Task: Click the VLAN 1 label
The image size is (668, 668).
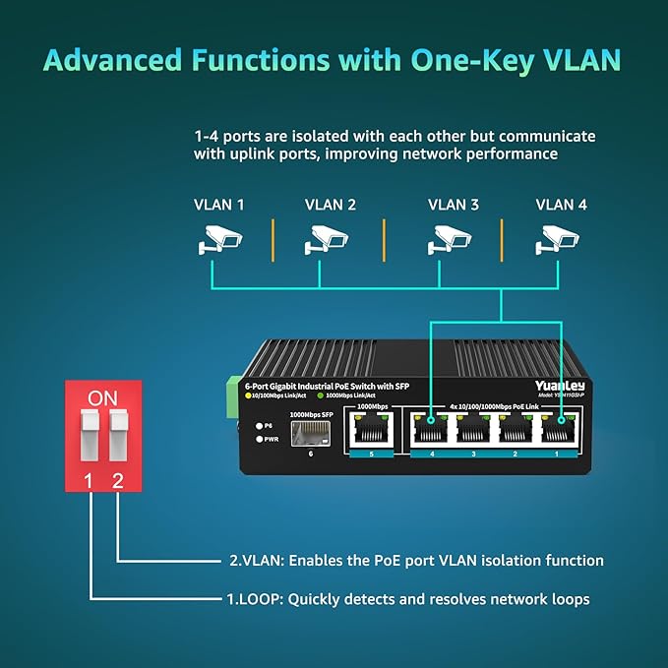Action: click(x=218, y=205)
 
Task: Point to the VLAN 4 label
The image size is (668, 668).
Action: click(x=561, y=205)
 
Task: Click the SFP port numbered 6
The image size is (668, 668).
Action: click(x=311, y=434)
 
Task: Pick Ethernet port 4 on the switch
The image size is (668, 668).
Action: click(x=430, y=431)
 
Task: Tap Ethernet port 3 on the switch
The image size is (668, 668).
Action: click(x=474, y=431)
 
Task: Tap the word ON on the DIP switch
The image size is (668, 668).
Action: click(x=101, y=397)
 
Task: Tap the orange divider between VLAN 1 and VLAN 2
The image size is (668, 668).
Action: click(x=273, y=240)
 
